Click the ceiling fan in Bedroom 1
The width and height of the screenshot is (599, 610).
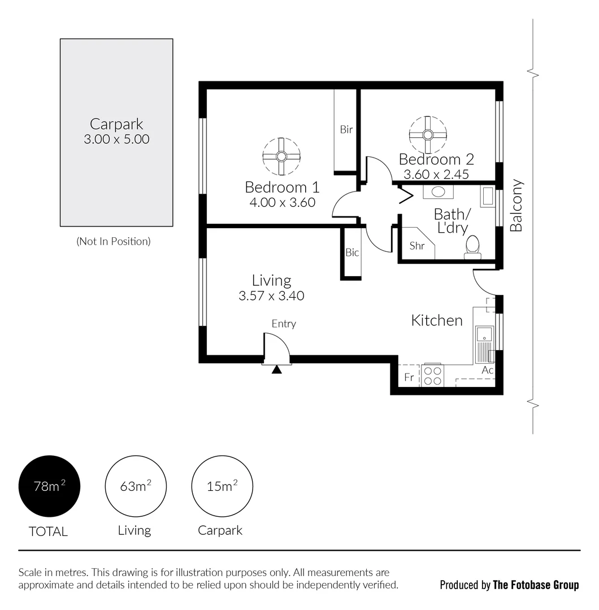tap(281, 156)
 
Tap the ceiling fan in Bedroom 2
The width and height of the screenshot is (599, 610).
tap(428, 134)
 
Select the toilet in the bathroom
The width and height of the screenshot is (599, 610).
tap(472, 247)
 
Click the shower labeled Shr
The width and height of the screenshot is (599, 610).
tap(417, 245)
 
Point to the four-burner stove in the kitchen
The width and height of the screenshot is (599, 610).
tap(433, 376)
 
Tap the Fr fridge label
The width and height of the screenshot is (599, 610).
tap(409, 377)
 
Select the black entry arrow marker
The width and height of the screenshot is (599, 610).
tap(276, 370)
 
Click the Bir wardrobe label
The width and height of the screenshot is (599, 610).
tap(346, 129)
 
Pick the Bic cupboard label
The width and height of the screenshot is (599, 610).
tap(352, 252)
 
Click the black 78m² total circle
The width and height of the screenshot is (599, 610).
tap(50, 486)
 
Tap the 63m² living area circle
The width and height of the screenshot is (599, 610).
tap(136, 486)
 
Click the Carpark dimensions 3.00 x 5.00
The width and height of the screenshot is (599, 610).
tap(116, 140)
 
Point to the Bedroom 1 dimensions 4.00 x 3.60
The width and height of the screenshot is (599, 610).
tap(282, 202)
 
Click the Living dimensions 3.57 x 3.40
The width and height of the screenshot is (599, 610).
tap(271, 295)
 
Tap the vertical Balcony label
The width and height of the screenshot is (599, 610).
tap(516, 206)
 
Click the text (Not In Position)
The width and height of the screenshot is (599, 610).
tap(114, 241)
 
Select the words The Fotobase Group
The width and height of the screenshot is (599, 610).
tap(536, 585)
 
